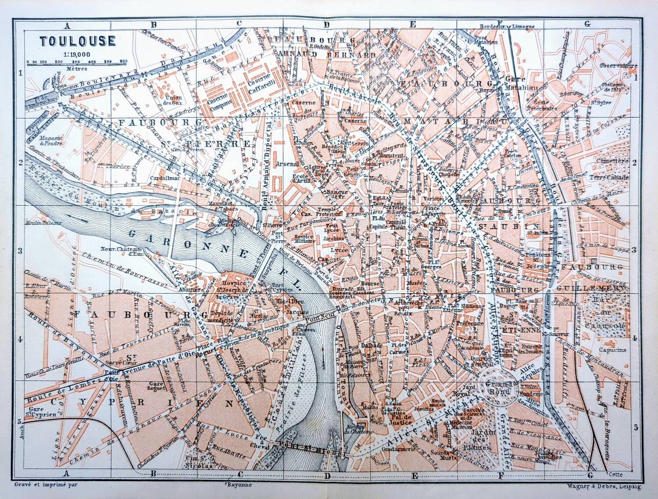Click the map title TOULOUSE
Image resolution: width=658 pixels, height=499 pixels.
tap(78, 41)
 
